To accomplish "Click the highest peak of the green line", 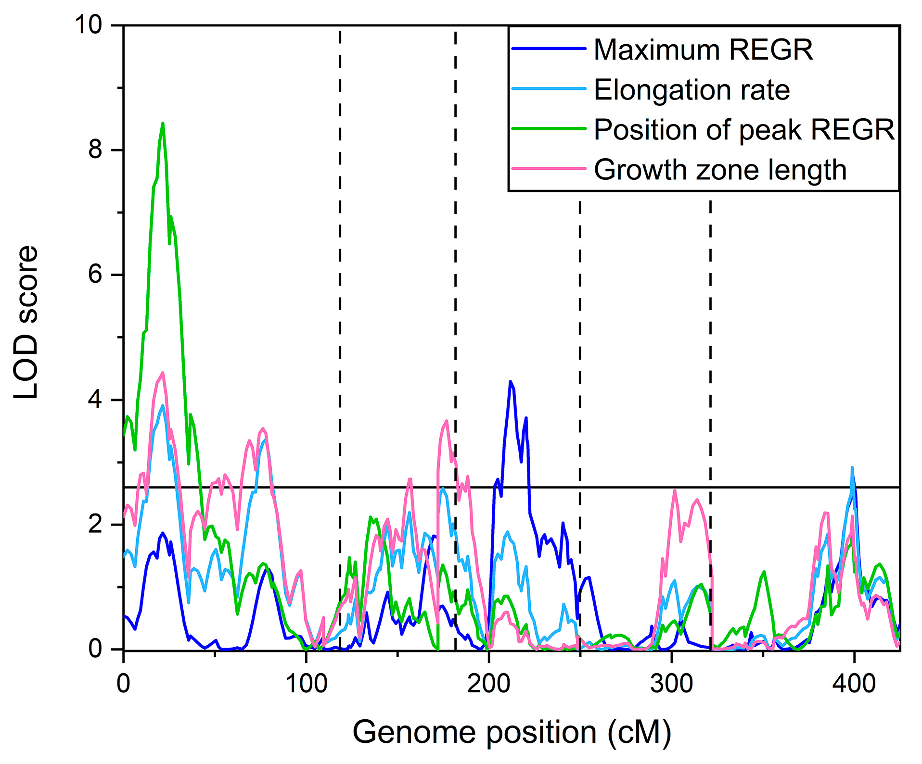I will click(x=163, y=124).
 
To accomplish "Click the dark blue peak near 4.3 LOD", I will click(x=511, y=382).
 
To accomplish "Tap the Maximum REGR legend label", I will click(x=703, y=50).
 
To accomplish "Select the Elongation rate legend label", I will click(x=691, y=90).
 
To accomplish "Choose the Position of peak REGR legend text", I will click(x=744, y=130).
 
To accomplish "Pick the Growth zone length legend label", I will click(x=720, y=170).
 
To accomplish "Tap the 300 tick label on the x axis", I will click(x=671, y=683).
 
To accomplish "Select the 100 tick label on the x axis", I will click(x=306, y=683).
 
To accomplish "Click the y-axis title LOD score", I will click(x=26, y=322).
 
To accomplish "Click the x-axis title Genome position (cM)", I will click(x=512, y=732).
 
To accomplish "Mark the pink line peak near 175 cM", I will click(x=447, y=421).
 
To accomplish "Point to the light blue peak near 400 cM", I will click(x=852, y=467).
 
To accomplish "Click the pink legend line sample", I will click(x=549, y=169).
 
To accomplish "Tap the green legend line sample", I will click(x=549, y=129).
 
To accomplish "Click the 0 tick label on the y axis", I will click(x=95, y=649).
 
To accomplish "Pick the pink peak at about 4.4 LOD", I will click(x=163, y=373).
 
